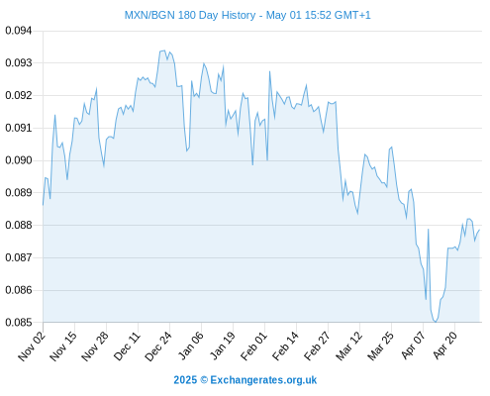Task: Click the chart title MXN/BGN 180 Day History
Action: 190,15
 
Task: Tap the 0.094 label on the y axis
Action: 19,31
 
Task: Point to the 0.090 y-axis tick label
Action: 19,160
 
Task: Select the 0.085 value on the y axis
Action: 19,322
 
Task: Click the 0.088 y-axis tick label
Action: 19,225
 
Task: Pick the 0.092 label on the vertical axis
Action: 19,95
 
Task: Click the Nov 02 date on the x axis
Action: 32,346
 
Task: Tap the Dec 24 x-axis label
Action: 158,346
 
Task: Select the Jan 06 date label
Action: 190,346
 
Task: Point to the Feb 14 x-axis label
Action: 285,346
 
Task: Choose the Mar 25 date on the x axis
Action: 380,346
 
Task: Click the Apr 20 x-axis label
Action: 445,346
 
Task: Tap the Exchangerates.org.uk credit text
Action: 263,380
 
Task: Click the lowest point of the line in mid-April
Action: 436,322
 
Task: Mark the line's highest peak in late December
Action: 164,50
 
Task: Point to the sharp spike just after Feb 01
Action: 269,71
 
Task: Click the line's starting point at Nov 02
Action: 43,205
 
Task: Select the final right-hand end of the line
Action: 479,230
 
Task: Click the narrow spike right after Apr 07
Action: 428,229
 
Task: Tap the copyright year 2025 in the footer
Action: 185,380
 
